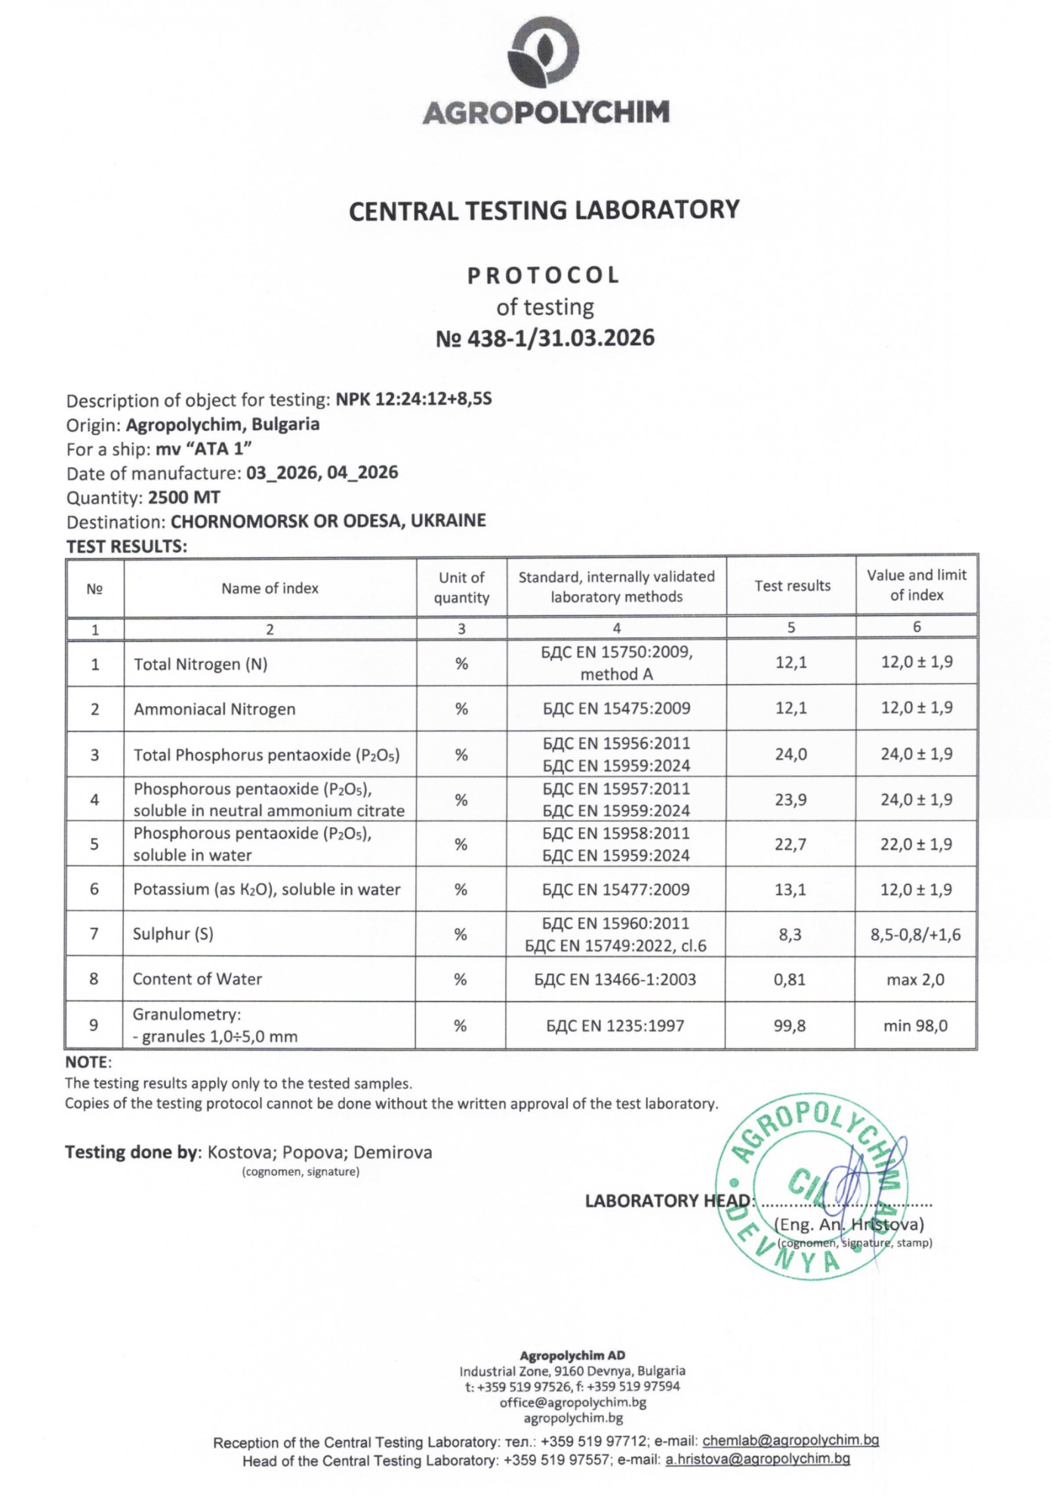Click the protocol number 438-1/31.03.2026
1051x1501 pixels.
pyautogui.click(x=544, y=337)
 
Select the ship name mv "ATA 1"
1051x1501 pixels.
pyautogui.click(x=203, y=448)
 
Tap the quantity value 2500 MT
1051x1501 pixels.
pyautogui.click(x=184, y=498)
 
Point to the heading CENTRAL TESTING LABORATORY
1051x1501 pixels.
pyautogui.click(x=544, y=210)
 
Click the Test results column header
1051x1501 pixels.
pyautogui.click(x=792, y=586)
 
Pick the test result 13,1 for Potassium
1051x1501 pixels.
pyautogui.click(x=791, y=889)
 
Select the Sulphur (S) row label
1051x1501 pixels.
pyautogui.click(x=173, y=934)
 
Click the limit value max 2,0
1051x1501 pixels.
pyautogui.click(x=915, y=979)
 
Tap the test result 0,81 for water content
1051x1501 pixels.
pyautogui.click(x=790, y=979)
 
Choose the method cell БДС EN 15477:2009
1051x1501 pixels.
pyautogui.click(x=616, y=889)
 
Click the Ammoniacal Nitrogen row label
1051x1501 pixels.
pyautogui.click(x=214, y=709)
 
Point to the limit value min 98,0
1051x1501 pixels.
pyautogui.click(x=915, y=1025)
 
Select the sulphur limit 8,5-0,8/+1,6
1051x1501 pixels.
pyautogui.click(x=915, y=935)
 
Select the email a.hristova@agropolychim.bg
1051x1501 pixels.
pyautogui.click(x=757, y=1459)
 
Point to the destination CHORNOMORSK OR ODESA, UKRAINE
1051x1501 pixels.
pyautogui.click(x=328, y=521)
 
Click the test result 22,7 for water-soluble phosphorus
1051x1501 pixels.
pyautogui.click(x=791, y=844)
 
